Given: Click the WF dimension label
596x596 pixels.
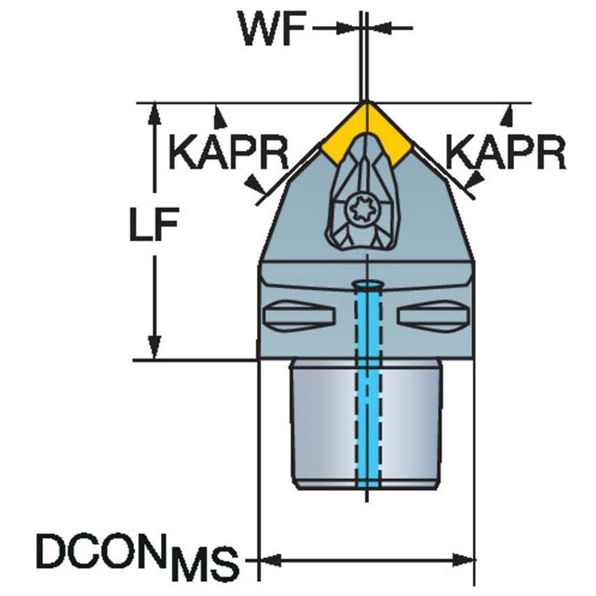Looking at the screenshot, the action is (273, 29).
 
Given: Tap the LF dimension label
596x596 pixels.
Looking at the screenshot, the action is (154, 224).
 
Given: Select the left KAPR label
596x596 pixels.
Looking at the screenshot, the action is (228, 151).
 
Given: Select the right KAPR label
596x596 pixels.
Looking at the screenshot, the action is (505, 151).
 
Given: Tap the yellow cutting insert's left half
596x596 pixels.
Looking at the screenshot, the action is (344, 134).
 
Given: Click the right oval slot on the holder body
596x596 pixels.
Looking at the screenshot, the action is (433, 315).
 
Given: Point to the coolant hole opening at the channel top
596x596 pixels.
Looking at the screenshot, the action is (368, 285).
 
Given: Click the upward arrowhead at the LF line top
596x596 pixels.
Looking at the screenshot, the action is (155, 113).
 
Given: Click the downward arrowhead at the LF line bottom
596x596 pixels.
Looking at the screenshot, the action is (155, 348).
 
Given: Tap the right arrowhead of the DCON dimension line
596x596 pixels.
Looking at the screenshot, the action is (463, 559).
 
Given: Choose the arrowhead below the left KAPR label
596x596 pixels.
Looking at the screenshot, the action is (255, 185).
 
